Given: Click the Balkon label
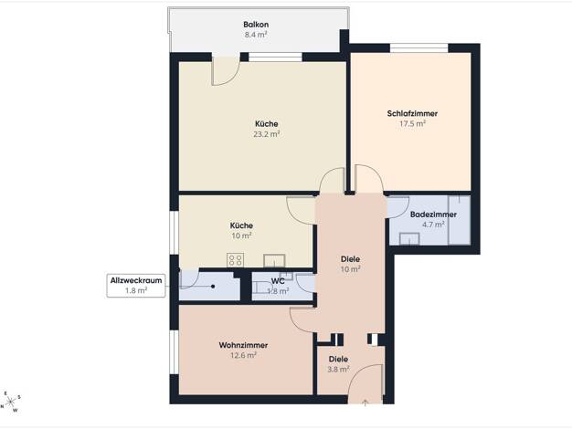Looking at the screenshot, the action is point(256,25).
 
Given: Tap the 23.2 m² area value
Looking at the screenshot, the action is point(267,134).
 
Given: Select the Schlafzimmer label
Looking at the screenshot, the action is point(412,113).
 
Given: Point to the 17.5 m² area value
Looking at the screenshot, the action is point(412,123).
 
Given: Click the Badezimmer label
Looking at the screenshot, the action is point(433,214).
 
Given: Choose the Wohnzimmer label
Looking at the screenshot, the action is point(243,345).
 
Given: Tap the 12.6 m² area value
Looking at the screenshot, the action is point(243,355).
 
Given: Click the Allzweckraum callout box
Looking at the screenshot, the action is point(136,286).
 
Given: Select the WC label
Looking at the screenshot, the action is point(278,281).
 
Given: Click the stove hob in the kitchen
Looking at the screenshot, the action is point(236,260).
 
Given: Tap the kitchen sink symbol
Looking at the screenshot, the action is point(274,261).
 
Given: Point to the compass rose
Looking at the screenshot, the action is point(11,402).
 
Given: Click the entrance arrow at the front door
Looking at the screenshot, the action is point(365,402).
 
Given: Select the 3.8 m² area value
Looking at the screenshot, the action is point(338,370).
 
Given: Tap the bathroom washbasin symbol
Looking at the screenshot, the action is point(409,239).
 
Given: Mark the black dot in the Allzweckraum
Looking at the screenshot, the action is point(213,287).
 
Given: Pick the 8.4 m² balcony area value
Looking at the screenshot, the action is point(256,35).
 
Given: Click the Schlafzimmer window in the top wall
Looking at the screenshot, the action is point(418,47).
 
